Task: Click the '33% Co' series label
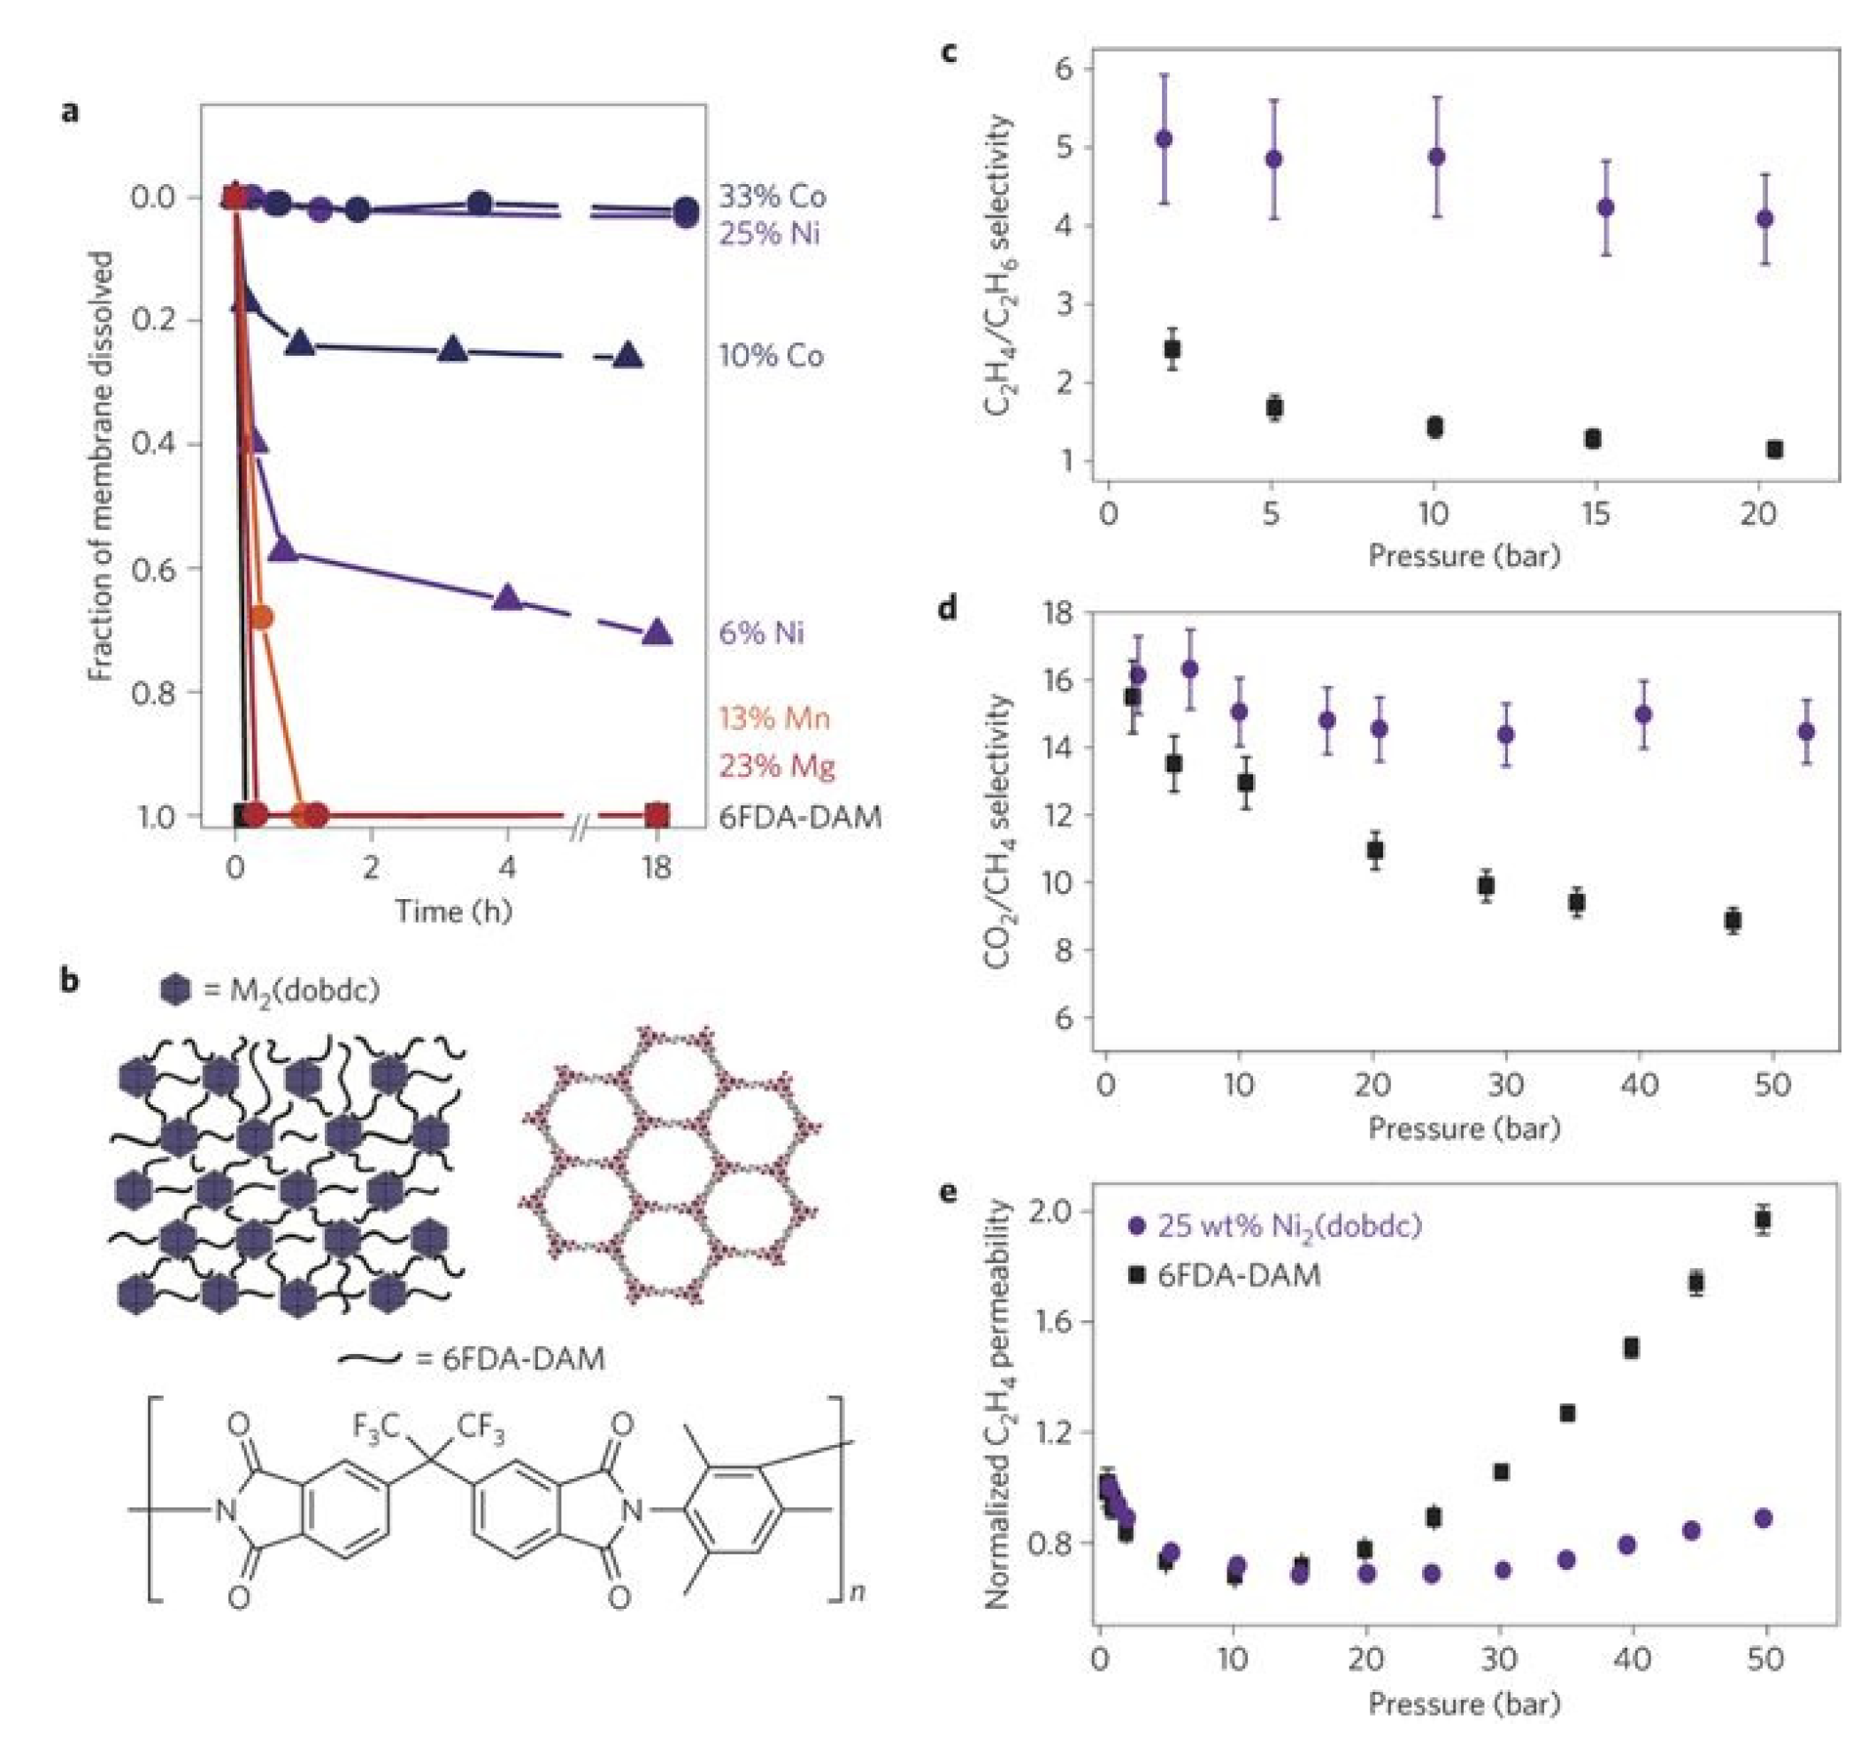[x=772, y=196]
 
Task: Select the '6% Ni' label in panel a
[x=761, y=633]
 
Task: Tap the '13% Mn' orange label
[x=774, y=719]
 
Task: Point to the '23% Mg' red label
[x=777, y=766]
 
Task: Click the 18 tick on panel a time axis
[x=656, y=867]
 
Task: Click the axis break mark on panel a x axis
[x=580, y=827]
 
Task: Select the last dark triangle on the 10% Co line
[x=628, y=356]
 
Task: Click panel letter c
[x=949, y=51]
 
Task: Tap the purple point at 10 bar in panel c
[x=1436, y=157]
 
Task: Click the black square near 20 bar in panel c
[x=1774, y=450]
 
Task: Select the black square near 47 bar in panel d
[x=1733, y=920]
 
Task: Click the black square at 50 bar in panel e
[x=1763, y=1219]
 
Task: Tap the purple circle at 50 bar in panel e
[x=1763, y=1519]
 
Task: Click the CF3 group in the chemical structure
[x=481, y=1427]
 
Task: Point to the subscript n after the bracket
[x=857, y=1592]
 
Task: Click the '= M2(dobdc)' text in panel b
[x=291, y=990]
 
